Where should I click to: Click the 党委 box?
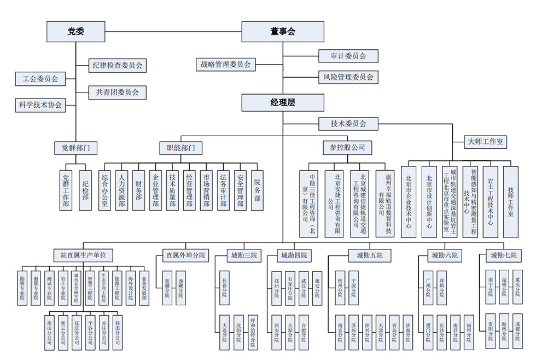[68, 31]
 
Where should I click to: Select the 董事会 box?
[283, 31]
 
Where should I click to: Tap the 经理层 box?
[283, 102]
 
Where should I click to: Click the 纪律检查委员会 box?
[118, 65]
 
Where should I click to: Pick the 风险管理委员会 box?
[348, 77]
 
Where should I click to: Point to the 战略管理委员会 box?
[225, 64]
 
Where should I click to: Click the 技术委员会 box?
[348, 124]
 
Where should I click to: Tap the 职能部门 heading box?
[180, 147]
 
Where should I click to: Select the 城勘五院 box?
[370, 256]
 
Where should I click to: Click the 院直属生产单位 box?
[83, 256]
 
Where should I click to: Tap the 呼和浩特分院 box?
[252, 332]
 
